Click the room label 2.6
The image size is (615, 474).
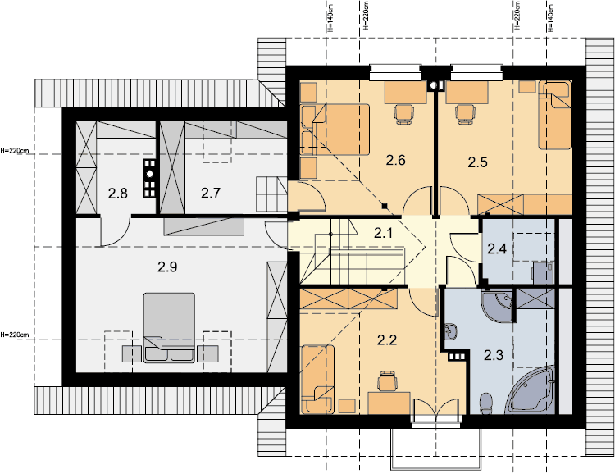[x=395, y=160]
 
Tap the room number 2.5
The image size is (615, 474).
[x=478, y=162]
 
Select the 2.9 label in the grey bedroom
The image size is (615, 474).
[x=167, y=267]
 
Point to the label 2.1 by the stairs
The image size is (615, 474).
[x=383, y=234]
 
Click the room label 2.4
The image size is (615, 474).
[x=497, y=248]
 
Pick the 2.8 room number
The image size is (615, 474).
[x=117, y=194]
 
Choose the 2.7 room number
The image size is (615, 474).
[x=211, y=193]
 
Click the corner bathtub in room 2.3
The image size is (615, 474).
[x=531, y=390]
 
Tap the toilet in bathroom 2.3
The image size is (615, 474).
[x=486, y=403]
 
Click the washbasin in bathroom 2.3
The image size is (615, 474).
[x=451, y=330]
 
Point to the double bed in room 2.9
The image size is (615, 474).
[x=169, y=328]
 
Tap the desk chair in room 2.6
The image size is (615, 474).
[x=404, y=114]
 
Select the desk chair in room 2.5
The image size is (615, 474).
[x=465, y=114]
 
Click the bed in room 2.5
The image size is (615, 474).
[x=554, y=116]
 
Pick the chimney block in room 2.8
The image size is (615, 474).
[x=150, y=178]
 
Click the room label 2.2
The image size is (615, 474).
[x=387, y=340]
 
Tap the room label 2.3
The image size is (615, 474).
[x=494, y=356]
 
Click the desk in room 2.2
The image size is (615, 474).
[x=389, y=403]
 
